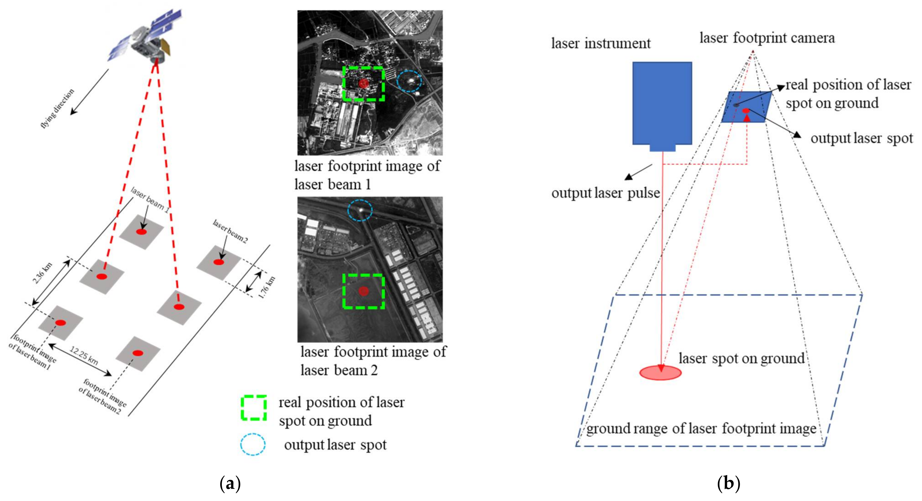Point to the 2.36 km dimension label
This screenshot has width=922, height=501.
coord(42,273)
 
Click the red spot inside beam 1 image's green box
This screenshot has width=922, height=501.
coord(363,83)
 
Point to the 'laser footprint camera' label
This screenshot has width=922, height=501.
coord(767,37)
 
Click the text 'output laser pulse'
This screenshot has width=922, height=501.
coord(606,193)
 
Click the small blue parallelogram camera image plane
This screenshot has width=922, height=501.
coord(746,107)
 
